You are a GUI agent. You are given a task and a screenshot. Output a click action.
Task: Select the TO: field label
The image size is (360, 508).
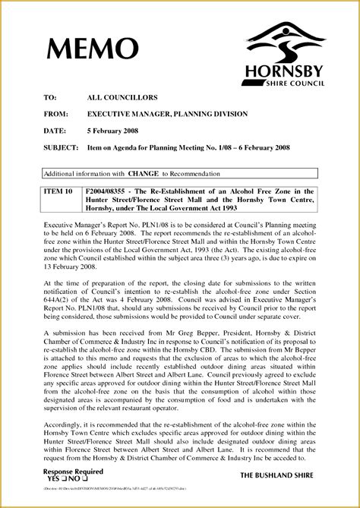(50, 99)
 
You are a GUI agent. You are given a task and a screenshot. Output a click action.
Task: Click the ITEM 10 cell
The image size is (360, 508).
(58, 192)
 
